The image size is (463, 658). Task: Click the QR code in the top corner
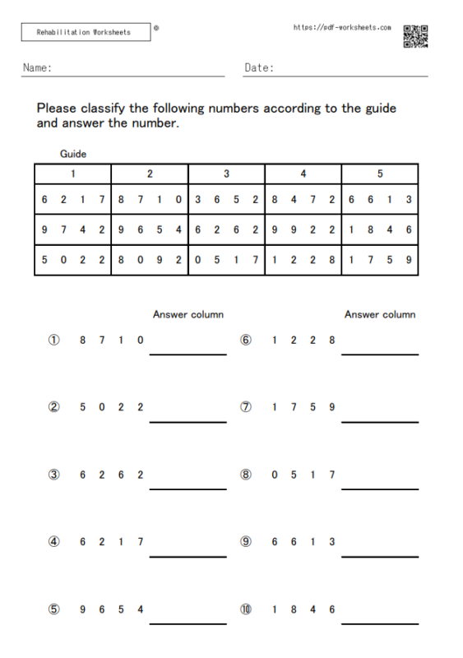[415, 36]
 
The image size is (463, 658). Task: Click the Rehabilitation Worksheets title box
[86, 32]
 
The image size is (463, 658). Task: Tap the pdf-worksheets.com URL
[342, 28]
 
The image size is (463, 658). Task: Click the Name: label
[38, 68]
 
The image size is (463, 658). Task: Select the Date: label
[259, 68]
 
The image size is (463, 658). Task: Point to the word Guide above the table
[73, 154]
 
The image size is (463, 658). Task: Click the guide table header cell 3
[226, 174]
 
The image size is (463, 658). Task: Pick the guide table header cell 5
[380, 174]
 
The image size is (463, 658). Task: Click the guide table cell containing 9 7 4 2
[73, 229]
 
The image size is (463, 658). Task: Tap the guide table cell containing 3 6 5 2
[226, 200]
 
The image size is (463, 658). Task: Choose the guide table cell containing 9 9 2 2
[303, 229]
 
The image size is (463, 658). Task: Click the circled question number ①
[53, 340]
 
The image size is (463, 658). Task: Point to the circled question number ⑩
[246, 609]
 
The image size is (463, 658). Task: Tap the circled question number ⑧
[246, 475]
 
